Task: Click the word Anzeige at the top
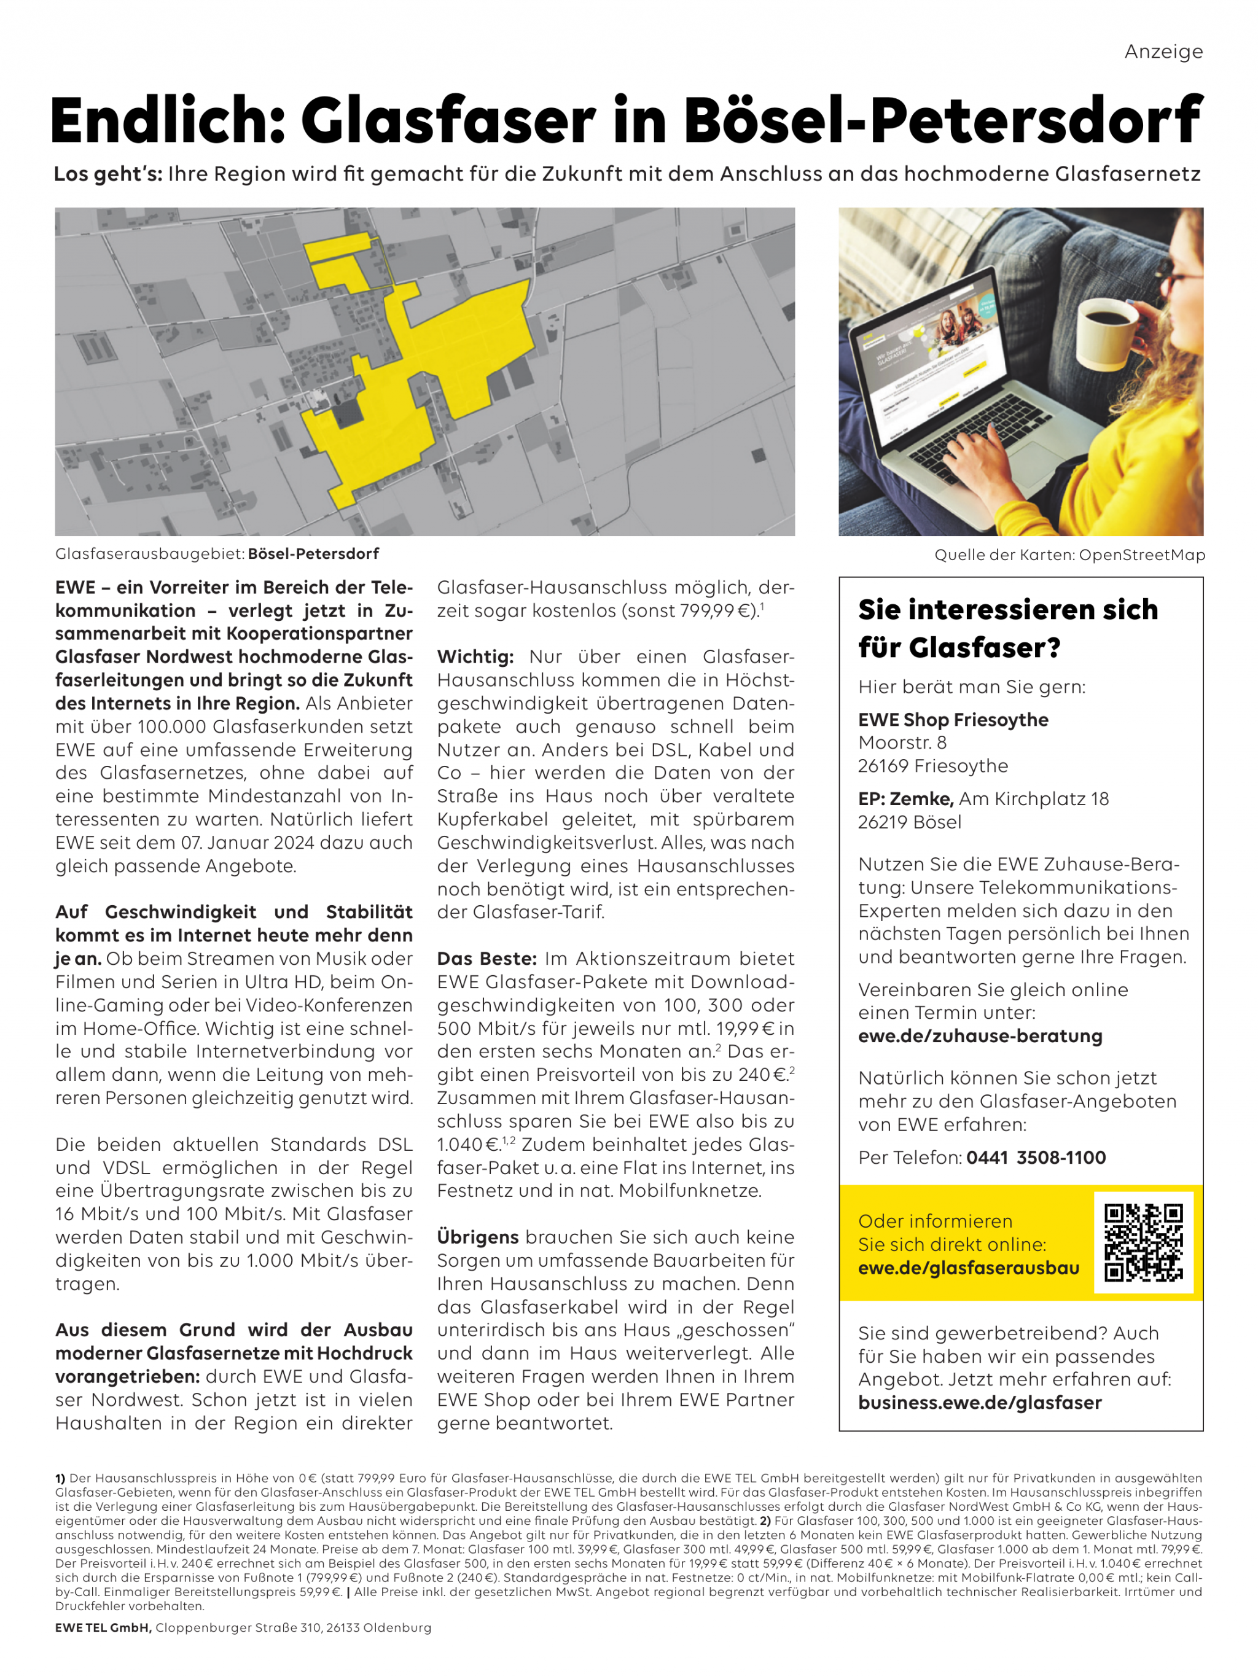tap(1163, 52)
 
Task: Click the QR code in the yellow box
tap(1143, 1242)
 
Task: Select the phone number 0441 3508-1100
tap(1036, 1158)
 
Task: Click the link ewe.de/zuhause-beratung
tap(979, 1036)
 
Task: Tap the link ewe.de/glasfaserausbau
tap(968, 1268)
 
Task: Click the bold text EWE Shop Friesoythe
tap(953, 720)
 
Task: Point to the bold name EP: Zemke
tap(905, 798)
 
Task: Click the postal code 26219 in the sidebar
tap(882, 822)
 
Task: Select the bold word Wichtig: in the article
tap(475, 656)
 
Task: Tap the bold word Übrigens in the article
tap(477, 1237)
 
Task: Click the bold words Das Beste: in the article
tap(486, 959)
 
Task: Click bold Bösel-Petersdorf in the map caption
tap(313, 553)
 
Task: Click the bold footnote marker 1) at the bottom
tap(60, 1479)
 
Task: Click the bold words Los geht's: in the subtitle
tap(108, 174)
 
